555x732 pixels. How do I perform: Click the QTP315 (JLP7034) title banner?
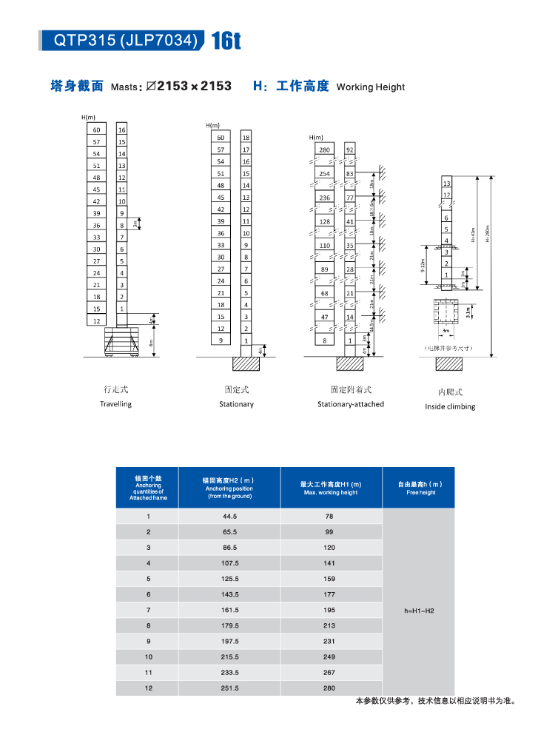point(122,41)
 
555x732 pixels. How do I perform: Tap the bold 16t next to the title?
point(226,41)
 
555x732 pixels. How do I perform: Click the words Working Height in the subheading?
point(370,87)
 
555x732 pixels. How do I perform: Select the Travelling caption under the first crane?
point(115,404)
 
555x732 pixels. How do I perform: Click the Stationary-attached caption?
point(351,404)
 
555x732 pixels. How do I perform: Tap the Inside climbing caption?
point(450,406)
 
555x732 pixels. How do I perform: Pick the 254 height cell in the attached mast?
point(324,174)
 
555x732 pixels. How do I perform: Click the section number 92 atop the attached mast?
point(350,150)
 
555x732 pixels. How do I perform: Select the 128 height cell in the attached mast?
point(324,221)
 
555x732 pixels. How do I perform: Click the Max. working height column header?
point(331,488)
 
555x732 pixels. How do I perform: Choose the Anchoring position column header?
point(229,488)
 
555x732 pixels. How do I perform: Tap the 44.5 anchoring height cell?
point(229,516)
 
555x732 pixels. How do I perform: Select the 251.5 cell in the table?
point(229,688)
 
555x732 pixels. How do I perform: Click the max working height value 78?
point(329,516)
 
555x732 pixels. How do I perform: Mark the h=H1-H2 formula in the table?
point(419,611)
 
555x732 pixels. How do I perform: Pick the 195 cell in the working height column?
point(329,610)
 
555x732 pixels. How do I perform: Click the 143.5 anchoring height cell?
point(229,594)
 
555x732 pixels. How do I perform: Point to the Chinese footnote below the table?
point(434,701)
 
